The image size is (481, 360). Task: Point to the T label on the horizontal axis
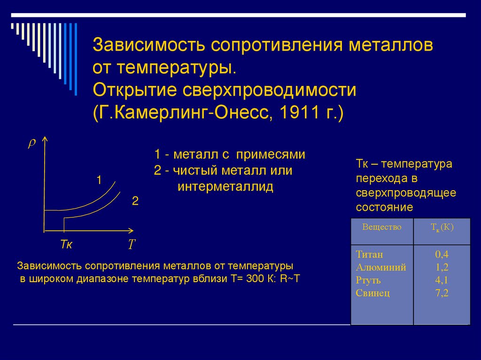tap(132, 245)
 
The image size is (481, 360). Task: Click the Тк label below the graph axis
tap(66, 245)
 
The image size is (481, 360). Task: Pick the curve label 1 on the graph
tap(99, 179)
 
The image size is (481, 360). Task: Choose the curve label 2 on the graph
tap(135, 201)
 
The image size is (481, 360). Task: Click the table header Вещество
tap(381, 227)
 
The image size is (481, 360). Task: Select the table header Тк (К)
tap(442, 228)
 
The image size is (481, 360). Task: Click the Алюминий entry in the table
tap(381, 268)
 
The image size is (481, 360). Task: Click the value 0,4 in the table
tap(442, 255)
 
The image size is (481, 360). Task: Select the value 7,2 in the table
tap(442, 293)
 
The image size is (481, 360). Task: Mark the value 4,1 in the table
tap(442, 281)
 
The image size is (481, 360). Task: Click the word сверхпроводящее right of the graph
tap(405, 193)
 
